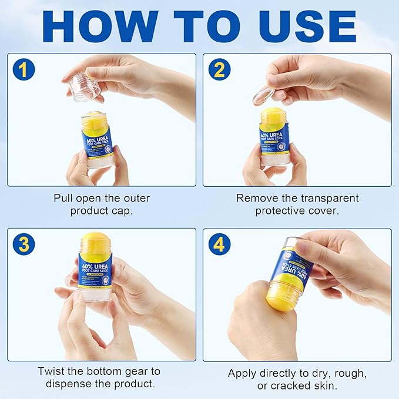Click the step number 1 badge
[x=23, y=70]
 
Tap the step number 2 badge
[x=219, y=70]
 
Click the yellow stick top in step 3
[x=95, y=242]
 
